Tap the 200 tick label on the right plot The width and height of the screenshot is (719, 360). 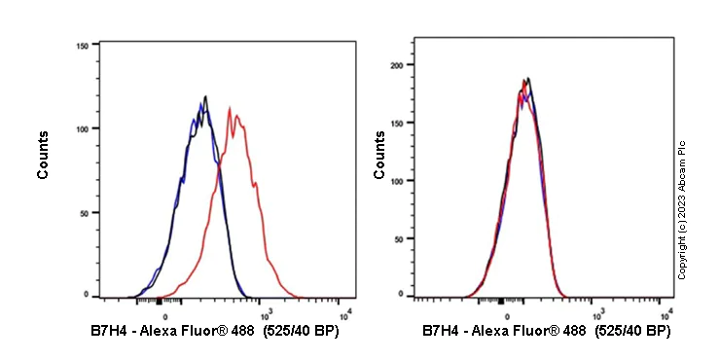click(395, 65)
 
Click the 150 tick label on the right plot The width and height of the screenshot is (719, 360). click(395, 123)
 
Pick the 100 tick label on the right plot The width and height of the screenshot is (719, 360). click(395, 179)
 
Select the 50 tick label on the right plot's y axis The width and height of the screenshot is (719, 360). click(397, 236)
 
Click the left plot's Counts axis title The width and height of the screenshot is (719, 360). click(44, 156)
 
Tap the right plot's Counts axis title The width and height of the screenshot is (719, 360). click(379, 156)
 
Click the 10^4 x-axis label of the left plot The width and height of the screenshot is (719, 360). click(345, 312)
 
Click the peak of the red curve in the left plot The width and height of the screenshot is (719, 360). click(229, 108)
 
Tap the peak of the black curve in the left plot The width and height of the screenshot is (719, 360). click(206, 95)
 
